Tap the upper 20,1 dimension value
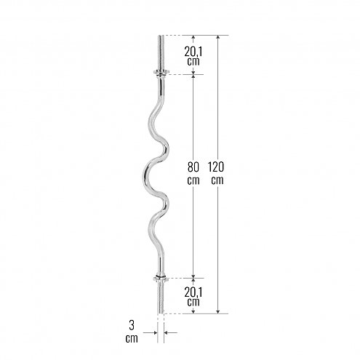coord(193,51)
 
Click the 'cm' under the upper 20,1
coord(193,62)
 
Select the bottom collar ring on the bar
coord(161,277)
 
